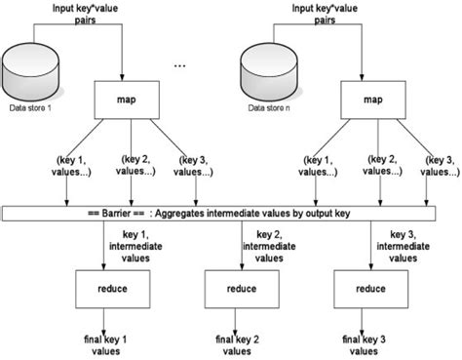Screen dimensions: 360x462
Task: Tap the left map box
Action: (128, 98)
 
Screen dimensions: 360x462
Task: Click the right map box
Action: (371, 98)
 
